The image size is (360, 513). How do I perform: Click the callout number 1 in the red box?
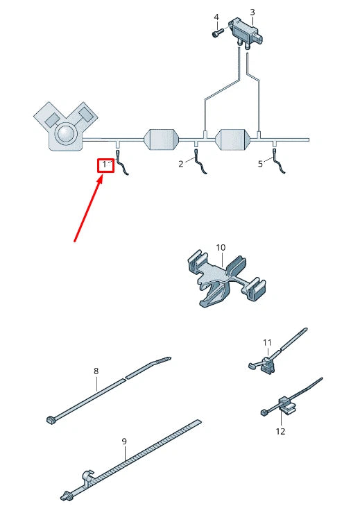coord(104,165)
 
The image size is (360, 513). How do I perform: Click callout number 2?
coord(181,164)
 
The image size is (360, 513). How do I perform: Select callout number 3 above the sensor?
coord(252,12)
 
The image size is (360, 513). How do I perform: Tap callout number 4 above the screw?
coord(216,17)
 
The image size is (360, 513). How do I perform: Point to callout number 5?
coord(260,164)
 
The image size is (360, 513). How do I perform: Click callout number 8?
coord(96,371)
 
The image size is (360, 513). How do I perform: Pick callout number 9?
coord(124,441)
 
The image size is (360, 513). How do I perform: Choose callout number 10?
coord(221,248)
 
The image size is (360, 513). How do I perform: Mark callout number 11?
coord(268,342)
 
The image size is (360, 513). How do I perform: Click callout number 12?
coord(280,431)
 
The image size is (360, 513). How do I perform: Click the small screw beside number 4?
coord(218,33)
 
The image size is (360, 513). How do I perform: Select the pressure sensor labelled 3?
coord(246,33)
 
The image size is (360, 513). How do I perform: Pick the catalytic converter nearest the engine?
coord(162,140)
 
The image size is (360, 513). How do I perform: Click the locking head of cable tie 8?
coord(51,420)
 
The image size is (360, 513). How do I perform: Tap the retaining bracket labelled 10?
coord(225,279)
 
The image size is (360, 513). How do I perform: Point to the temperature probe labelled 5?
coord(278,161)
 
